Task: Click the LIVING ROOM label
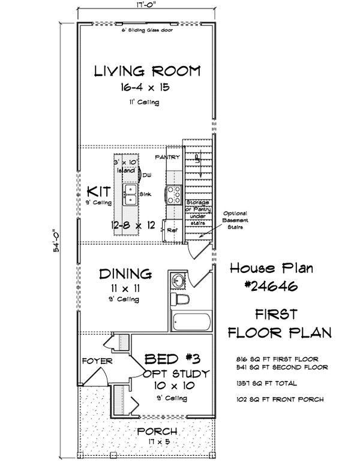point(146,72)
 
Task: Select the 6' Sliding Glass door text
point(146,30)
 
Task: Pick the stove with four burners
point(175,193)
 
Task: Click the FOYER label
point(94,361)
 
